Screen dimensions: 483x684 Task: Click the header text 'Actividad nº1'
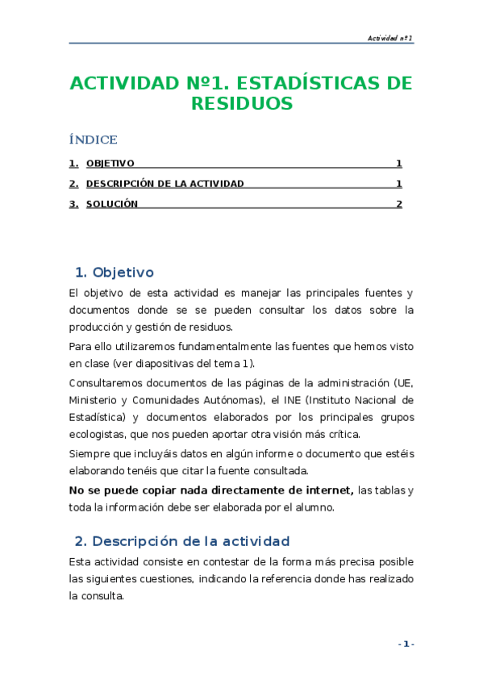pos(390,38)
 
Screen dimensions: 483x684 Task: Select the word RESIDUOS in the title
pos(241,104)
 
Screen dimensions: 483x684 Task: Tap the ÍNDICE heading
pos(94,140)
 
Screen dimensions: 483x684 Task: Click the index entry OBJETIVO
pos(110,163)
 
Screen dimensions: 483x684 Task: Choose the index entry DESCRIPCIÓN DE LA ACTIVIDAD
pos(164,184)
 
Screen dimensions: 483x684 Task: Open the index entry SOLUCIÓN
pos(112,204)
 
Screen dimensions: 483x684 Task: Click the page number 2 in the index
pos(398,204)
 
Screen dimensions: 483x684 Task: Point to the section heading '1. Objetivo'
pos(114,272)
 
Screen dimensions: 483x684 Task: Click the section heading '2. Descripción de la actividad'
pos(181,540)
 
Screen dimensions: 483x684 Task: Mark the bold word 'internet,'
pos(328,490)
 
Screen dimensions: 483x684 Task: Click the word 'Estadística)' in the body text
pos(97,417)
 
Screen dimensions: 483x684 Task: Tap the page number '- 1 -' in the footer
pos(406,644)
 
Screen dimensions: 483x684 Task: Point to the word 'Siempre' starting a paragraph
pos(89,453)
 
